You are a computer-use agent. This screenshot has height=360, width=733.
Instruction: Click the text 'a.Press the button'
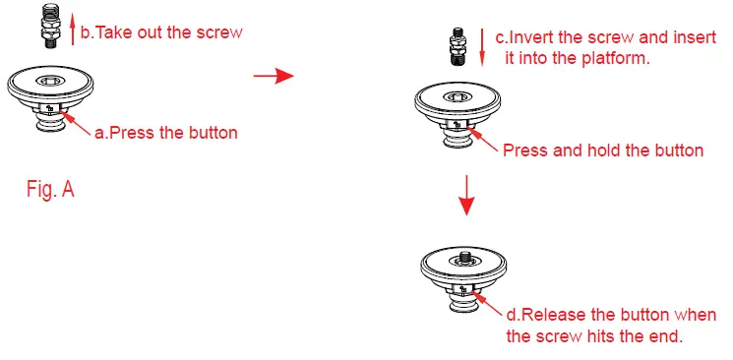pos(165,132)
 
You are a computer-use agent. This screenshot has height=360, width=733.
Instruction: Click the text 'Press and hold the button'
pos(602,150)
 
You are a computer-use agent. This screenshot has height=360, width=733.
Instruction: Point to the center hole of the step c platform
pos(458,97)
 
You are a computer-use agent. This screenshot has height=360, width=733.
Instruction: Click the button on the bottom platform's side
pos(464,289)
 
